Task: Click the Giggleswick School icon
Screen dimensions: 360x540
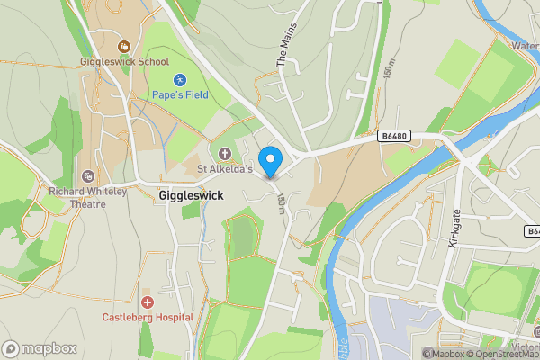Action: (125, 46)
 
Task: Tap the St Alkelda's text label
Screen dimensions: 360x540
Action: (225, 169)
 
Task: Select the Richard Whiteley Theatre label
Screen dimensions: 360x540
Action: (89, 197)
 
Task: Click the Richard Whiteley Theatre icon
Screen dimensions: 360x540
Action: (88, 175)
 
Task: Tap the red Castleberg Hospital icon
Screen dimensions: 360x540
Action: (147, 301)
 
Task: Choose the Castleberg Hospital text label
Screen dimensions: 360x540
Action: (148, 317)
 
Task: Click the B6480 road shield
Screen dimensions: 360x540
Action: (391, 137)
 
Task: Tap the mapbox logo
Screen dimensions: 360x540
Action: (40, 348)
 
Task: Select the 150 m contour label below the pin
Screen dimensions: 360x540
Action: (282, 204)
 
